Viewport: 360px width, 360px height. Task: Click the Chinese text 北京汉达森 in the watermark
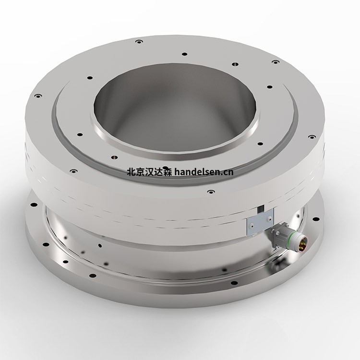click(x=149, y=171)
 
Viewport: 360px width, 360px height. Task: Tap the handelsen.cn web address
click(x=204, y=171)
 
